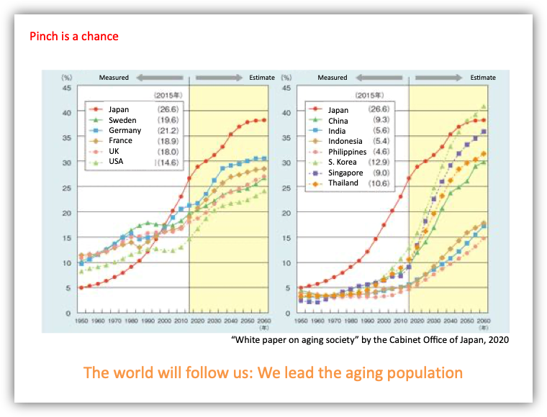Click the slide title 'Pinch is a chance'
pyautogui.click(x=74, y=36)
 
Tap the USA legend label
pyautogui.click(x=114, y=162)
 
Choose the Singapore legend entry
pyautogui.click(x=345, y=173)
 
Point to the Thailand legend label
pyautogui.click(x=343, y=183)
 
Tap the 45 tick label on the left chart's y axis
pyautogui.click(x=66, y=88)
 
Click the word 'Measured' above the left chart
pyautogui.click(x=114, y=78)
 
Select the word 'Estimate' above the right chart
pyautogui.click(x=483, y=78)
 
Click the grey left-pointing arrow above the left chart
pyautogui.click(x=159, y=78)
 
